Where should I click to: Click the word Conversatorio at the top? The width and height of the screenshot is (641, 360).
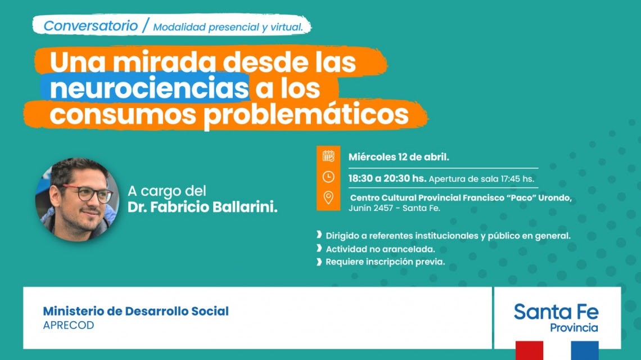(91, 25)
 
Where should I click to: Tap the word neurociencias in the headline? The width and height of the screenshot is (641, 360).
(148, 89)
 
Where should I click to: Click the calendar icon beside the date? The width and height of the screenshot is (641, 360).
(328, 156)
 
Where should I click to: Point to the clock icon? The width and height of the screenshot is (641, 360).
(328, 177)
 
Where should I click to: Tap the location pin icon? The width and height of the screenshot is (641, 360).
(328, 198)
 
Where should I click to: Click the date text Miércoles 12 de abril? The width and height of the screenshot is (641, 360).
(399, 156)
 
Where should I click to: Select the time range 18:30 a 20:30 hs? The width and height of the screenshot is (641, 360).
(387, 178)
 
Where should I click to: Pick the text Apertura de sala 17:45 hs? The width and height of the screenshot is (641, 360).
(481, 179)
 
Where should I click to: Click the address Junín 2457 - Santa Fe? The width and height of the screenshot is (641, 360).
(394, 208)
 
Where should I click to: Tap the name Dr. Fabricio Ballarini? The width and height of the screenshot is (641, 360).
(202, 207)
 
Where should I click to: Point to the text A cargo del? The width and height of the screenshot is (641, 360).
(167, 190)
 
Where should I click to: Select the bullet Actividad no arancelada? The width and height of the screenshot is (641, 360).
(380, 249)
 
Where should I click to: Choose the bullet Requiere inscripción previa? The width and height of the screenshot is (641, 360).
(385, 262)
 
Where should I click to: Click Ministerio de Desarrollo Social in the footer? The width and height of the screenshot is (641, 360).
(136, 311)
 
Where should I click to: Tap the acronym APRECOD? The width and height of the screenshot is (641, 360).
(69, 326)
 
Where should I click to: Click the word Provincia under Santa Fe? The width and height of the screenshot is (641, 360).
(574, 327)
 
